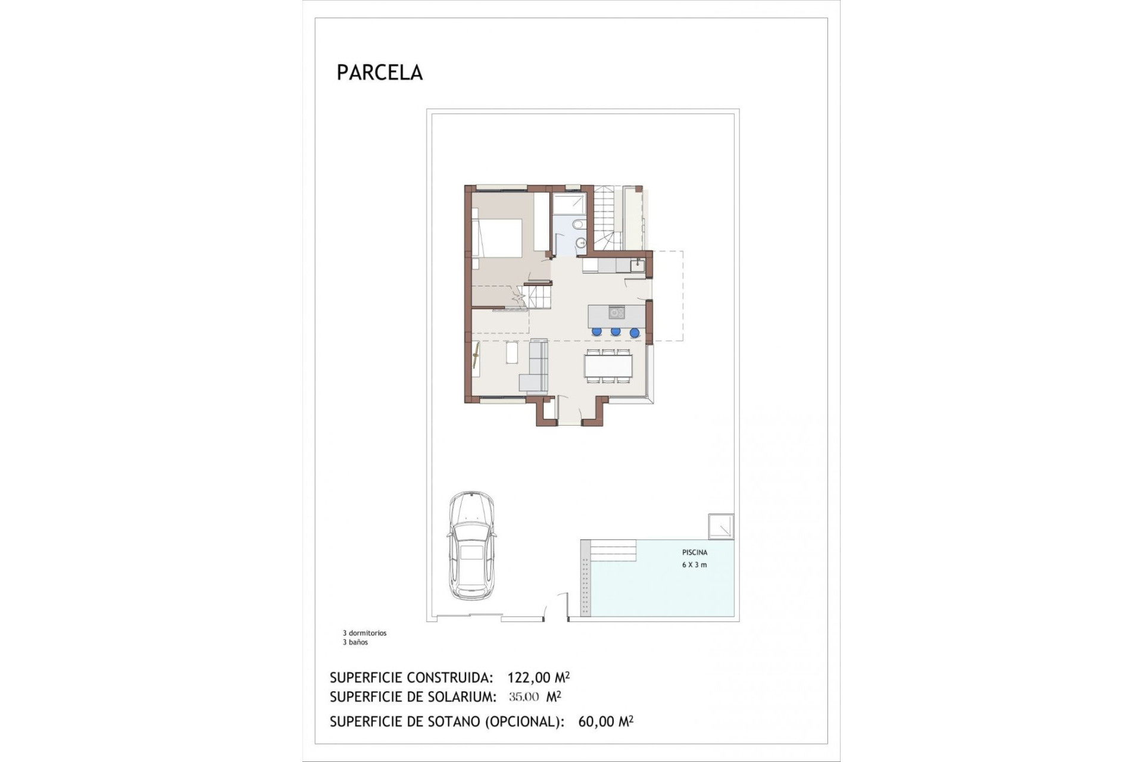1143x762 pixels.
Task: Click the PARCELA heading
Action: coord(379,73)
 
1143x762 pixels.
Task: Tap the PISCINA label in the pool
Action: coord(694,552)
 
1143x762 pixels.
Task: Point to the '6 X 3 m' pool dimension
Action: coord(694,565)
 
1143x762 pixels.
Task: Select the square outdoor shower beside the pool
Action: coord(720,526)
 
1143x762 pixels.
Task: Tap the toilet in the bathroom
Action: coord(578,226)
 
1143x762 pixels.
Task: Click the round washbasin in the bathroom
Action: coord(582,243)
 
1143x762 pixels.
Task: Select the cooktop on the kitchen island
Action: coord(615,312)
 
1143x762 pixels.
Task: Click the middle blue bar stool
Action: coord(616,332)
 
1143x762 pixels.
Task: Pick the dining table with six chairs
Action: coord(607,365)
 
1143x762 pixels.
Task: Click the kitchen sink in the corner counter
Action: coord(636,264)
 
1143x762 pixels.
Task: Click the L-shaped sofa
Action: coord(535,369)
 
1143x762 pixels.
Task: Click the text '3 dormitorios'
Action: coord(364,633)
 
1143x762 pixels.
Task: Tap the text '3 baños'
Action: coord(355,642)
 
